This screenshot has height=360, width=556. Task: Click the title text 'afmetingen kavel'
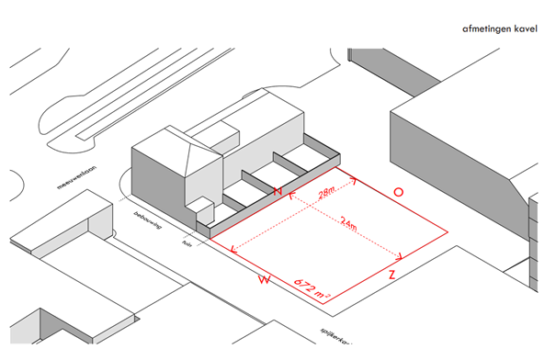pos(500,29)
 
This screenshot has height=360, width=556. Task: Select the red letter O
pos(398,192)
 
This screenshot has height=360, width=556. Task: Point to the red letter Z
pos(392,275)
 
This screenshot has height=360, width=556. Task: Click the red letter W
pos(265,278)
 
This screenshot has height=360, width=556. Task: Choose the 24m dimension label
pos(348,221)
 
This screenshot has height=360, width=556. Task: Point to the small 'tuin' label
pos(187,244)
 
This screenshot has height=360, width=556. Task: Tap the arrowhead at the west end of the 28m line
pos(292,196)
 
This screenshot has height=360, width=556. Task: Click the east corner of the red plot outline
pos(449,233)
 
